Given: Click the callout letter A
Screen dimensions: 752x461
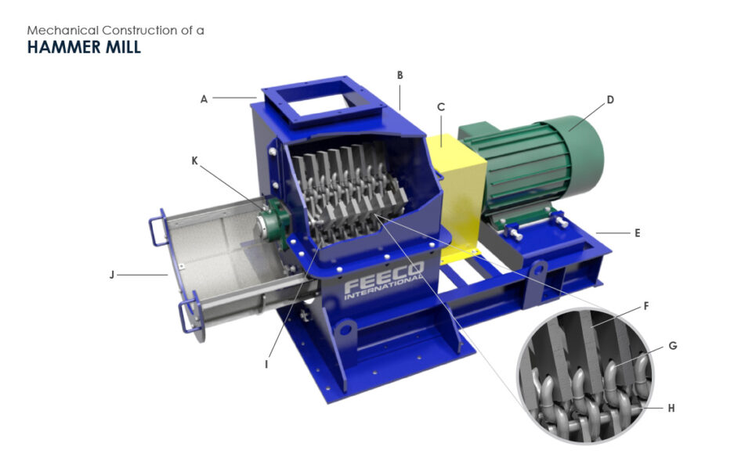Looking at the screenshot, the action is point(204,99).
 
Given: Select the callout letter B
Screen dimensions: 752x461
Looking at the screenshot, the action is point(400,75).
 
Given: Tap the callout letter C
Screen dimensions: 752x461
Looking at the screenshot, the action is point(441,107).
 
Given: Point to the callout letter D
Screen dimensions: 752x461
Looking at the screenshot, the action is point(610,99).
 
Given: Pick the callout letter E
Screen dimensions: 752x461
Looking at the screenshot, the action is point(638,233).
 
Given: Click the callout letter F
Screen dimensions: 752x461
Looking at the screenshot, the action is point(646,306).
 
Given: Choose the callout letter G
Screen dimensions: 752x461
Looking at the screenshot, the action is point(672,345).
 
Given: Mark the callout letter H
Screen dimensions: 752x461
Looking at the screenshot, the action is point(671,408).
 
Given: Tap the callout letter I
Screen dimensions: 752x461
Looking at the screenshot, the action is point(266,364).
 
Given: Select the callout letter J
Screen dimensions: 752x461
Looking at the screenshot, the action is point(112,275).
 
